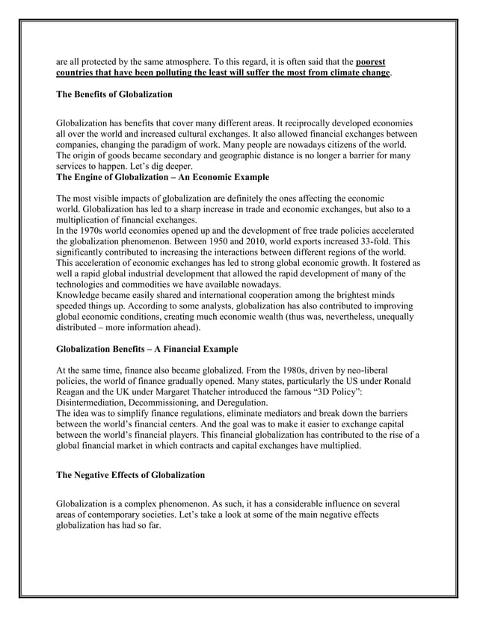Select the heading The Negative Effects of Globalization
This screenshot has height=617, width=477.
pyautogui.click(x=128, y=475)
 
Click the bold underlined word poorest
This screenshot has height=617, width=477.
pyautogui.click(x=372, y=61)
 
